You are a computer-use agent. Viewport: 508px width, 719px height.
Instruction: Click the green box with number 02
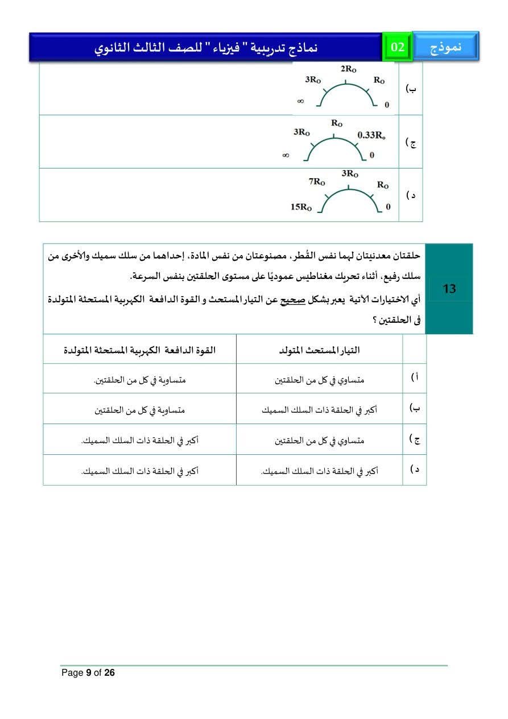(x=398, y=47)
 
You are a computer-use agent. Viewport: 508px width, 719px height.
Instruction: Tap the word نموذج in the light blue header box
(x=445, y=47)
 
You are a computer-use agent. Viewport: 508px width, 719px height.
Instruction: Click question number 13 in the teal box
(x=449, y=289)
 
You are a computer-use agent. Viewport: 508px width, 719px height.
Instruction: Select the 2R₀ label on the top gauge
(x=349, y=69)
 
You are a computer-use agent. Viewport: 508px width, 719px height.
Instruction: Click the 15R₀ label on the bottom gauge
(x=302, y=207)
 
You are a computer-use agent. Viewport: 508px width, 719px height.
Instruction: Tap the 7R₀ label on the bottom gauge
(x=317, y=182)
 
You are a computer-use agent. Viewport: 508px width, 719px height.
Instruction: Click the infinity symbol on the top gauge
(x=300, y=101)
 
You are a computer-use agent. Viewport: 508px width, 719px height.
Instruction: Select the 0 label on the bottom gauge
(x=388, y=207)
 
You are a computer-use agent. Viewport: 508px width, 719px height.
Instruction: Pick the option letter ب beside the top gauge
(x=411, y=89)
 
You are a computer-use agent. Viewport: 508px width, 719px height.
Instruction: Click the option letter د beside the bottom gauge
(x=411, y=195)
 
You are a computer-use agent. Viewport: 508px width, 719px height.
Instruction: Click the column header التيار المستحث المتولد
(x=319, y=350)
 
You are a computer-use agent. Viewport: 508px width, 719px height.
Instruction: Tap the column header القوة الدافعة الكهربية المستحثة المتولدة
(x=139, y=350)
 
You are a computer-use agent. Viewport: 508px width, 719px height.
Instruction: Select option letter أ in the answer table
(x=415, y=378)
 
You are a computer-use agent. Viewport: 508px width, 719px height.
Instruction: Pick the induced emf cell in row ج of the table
(x=139, y=440)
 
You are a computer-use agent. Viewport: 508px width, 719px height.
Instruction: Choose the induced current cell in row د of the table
(x=319, y=471)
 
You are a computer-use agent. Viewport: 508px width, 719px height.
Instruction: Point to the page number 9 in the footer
(x=89, y=673)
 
